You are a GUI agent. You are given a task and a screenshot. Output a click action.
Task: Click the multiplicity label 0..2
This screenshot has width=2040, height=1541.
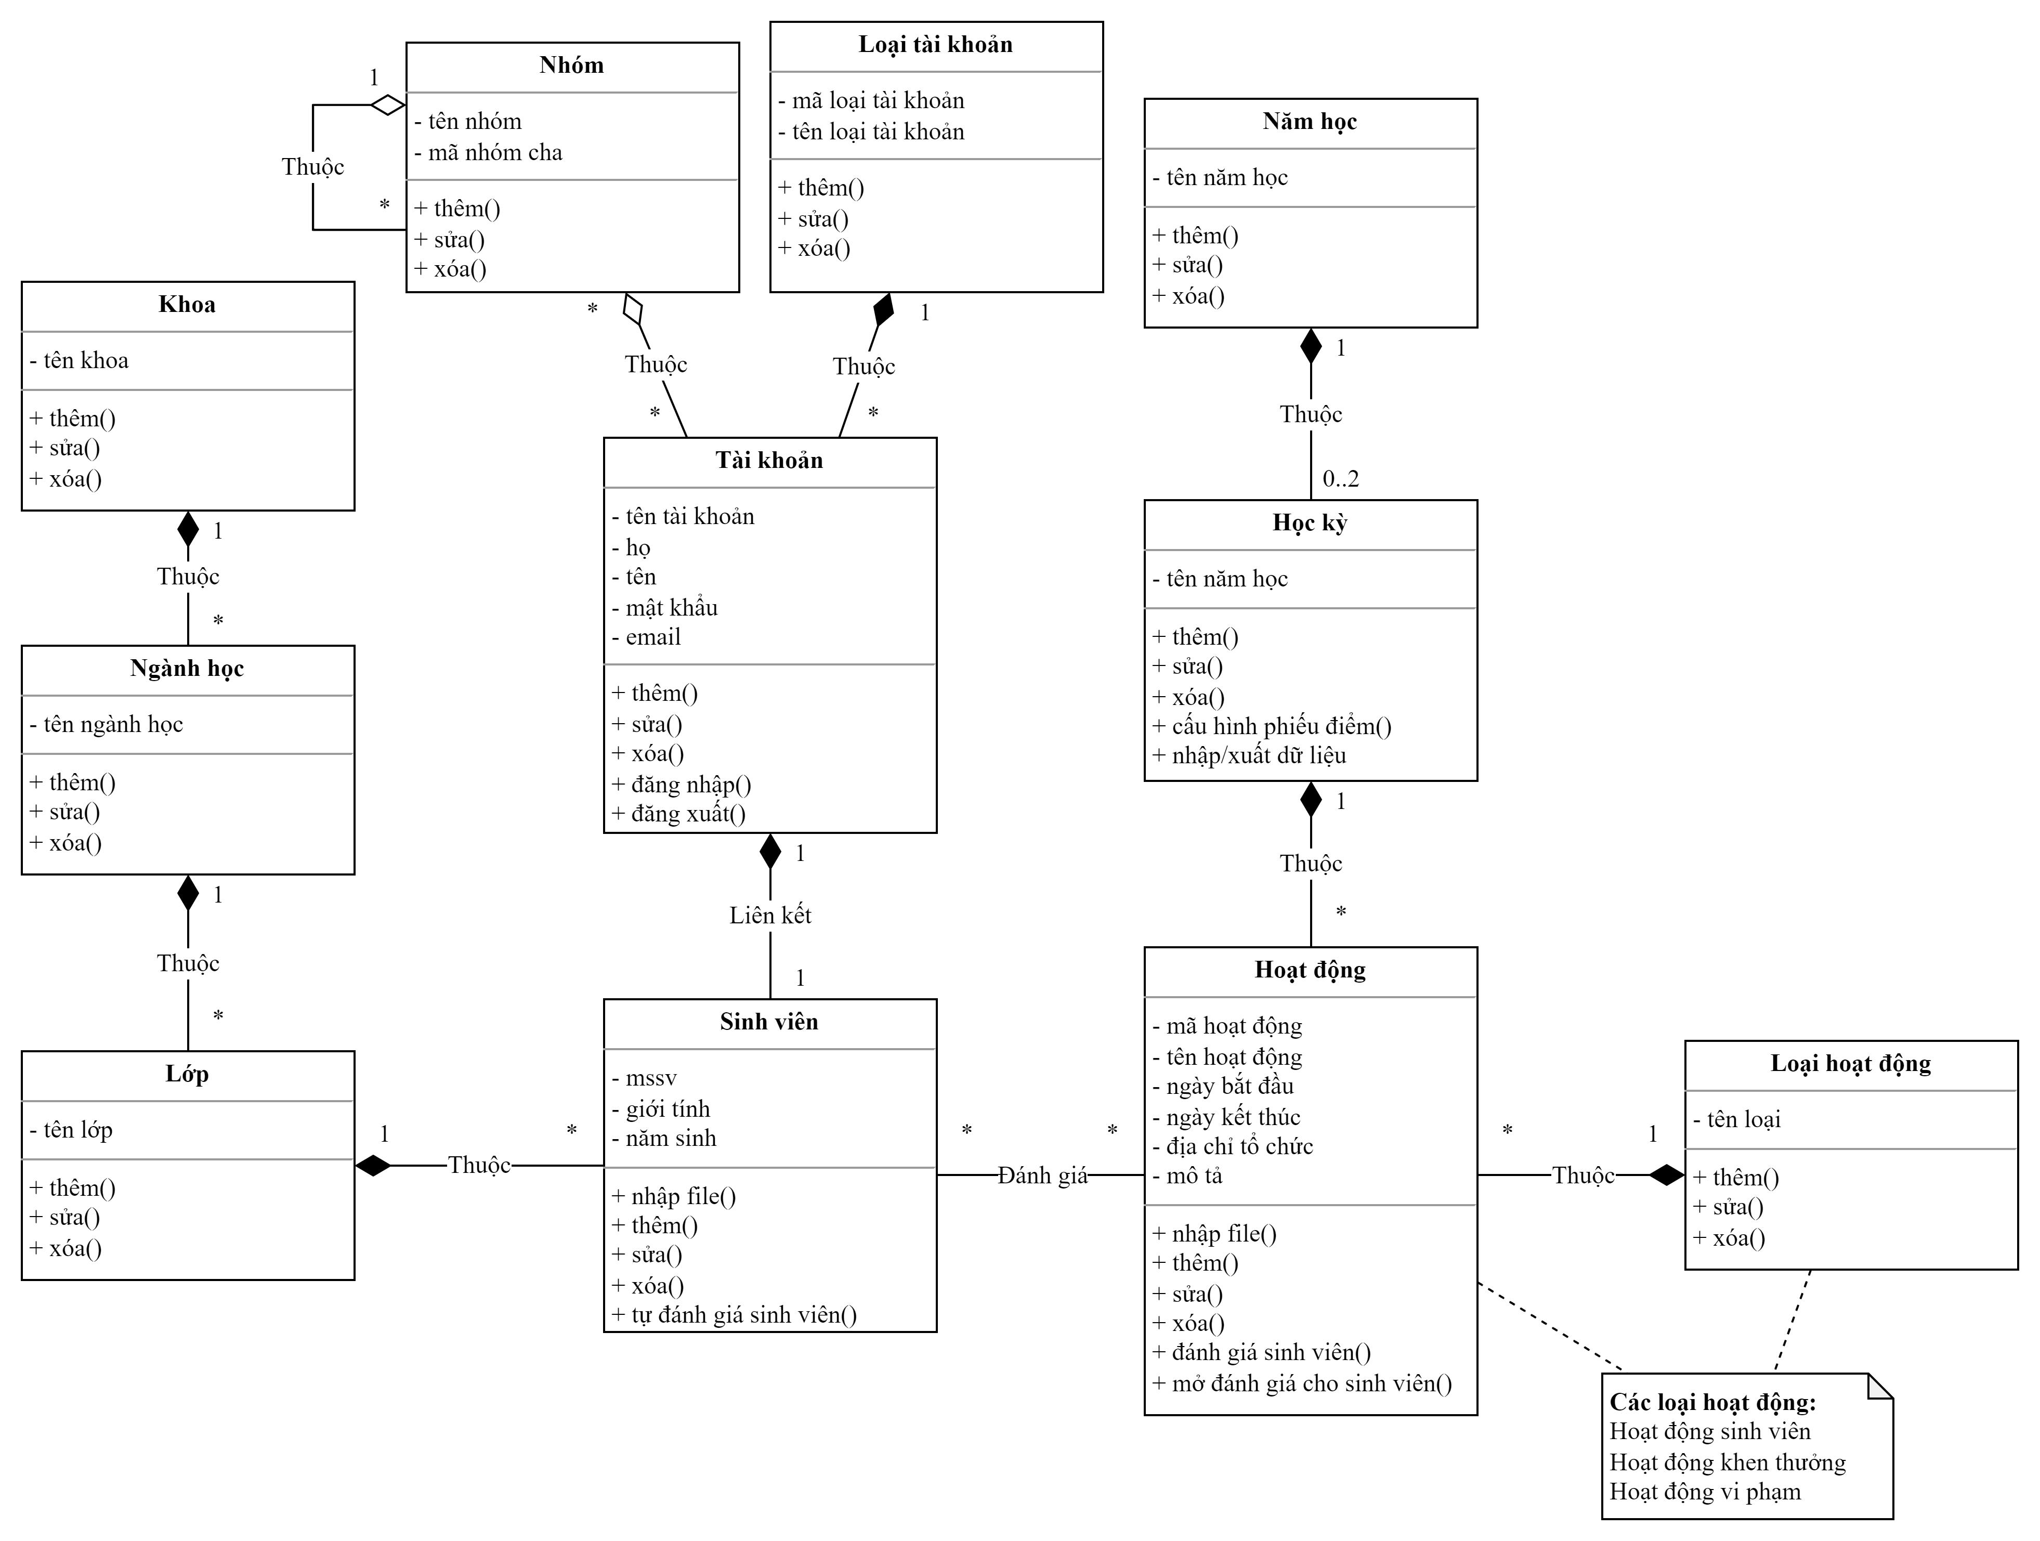tap(1340, 479)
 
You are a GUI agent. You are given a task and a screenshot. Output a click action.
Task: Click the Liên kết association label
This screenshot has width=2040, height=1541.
tap(770, 916)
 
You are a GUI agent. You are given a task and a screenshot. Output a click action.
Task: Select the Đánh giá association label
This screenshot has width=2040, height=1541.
tap(1042, 1176)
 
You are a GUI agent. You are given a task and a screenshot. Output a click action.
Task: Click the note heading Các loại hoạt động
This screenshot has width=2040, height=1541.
tap(1711, 1403)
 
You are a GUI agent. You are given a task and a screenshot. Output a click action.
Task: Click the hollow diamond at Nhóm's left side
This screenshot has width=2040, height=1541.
tap(387, 105)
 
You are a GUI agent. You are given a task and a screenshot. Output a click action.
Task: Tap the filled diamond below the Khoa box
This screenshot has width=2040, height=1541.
tap(188, 529)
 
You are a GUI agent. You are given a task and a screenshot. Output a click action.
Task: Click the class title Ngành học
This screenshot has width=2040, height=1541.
tap(187, 669)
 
